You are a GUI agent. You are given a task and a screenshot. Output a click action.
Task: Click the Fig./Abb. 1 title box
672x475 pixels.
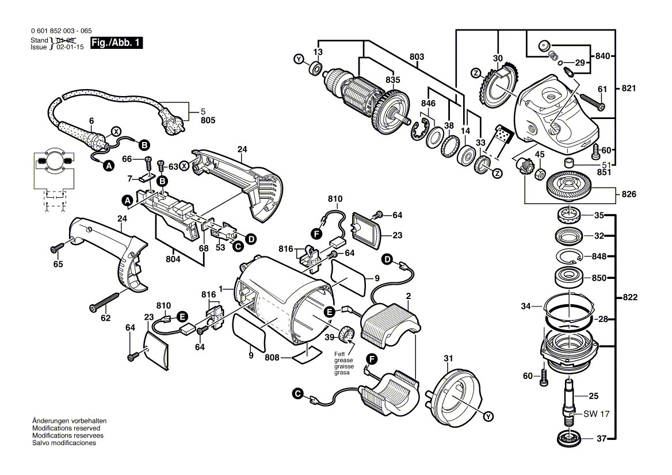116,43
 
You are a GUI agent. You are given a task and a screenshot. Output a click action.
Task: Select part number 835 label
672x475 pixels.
392,80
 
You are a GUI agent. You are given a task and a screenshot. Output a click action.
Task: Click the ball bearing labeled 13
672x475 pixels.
316,68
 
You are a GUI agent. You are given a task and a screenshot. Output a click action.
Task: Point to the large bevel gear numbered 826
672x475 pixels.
570,184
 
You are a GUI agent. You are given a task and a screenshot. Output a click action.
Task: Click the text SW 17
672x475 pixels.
596,414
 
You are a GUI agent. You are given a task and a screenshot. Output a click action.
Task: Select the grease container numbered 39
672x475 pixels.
346,334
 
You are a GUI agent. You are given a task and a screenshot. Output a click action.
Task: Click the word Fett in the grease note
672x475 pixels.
340,354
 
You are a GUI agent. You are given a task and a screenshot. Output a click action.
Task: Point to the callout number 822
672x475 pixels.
630,297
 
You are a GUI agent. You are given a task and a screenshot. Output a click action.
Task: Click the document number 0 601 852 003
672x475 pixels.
54,31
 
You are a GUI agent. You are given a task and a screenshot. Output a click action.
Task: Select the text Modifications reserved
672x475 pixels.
66,428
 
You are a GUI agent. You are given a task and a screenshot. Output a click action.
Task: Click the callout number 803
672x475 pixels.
417,56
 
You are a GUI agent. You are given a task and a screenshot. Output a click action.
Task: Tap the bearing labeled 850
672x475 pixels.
569,278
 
